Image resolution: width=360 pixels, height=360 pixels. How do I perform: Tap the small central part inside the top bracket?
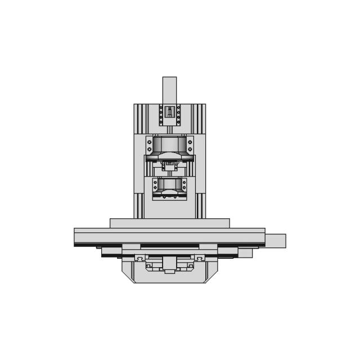click(169, 112)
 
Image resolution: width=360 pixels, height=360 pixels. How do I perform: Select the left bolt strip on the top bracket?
click(160, 115)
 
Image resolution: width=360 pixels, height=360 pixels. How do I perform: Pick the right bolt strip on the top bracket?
click(178, 115)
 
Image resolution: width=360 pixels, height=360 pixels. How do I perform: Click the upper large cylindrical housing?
click(169, 145)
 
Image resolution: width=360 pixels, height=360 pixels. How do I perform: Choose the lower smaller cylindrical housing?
click(169, 185)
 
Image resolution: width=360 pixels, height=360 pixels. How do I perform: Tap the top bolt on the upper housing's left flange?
click(149, 142)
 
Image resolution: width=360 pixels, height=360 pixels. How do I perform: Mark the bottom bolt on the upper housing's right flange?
click(190, 150)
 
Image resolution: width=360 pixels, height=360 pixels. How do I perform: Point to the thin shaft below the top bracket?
click(169, 129)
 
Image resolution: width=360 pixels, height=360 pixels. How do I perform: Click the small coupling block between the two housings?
click(169, 165)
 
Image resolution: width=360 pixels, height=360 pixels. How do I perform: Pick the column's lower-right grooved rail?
click(200, 205)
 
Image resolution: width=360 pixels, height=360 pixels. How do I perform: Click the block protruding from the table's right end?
click(275, 241)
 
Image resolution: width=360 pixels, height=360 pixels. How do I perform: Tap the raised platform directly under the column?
click(169, 223)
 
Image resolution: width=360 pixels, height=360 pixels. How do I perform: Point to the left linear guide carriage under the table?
click(139, 258)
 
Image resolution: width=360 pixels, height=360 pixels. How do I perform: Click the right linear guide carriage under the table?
click(199, 258)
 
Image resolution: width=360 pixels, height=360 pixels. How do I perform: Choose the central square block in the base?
click(169, 263)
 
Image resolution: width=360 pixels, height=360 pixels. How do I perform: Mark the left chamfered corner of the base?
click(127, 275)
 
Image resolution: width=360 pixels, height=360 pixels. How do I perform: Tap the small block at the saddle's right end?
click(245, 253)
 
